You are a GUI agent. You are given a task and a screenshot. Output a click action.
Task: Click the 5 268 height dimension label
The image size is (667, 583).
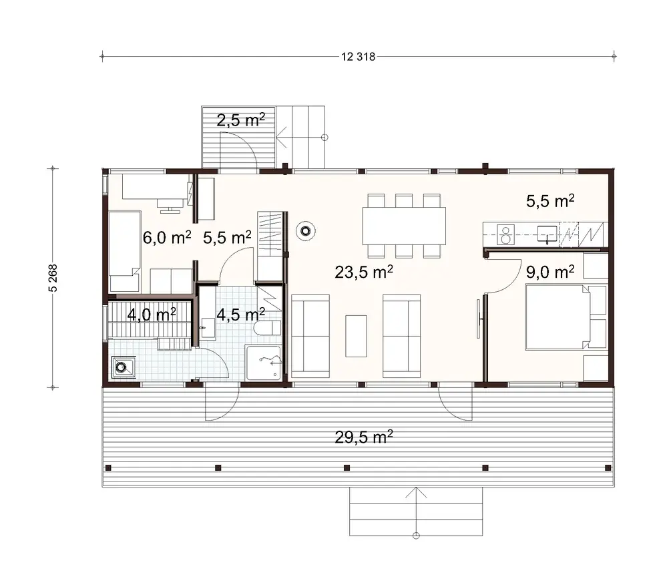click(x=53, y=278)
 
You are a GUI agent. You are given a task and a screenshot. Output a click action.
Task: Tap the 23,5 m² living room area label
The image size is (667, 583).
click(x=364, y=272)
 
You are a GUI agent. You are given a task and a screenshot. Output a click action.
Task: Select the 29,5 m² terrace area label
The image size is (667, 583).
click(x=363, y=437)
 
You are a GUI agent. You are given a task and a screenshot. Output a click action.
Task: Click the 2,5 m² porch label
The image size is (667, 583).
click(x=240, y=120)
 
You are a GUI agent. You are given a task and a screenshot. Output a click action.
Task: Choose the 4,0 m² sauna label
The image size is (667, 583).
click(x=152, y=314)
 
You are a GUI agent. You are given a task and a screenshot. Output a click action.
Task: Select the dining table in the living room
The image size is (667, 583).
click(x=404, y=226)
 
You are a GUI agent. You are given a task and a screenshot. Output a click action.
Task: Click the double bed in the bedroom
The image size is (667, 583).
click(x=565, y=317)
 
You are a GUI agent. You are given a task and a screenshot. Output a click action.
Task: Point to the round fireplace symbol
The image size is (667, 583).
click(x=306, y=231)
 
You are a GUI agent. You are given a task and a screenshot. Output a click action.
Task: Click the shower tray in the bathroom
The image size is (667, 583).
click(x=264, y=363)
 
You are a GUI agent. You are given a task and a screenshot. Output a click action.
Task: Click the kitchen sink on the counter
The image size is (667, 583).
click(x=547, y=233)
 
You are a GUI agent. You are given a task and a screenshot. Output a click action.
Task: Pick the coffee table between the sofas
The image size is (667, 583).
click(x=356, y=335)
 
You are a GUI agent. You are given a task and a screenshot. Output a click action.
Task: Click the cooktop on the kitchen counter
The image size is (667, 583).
click(x=506, y=233)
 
